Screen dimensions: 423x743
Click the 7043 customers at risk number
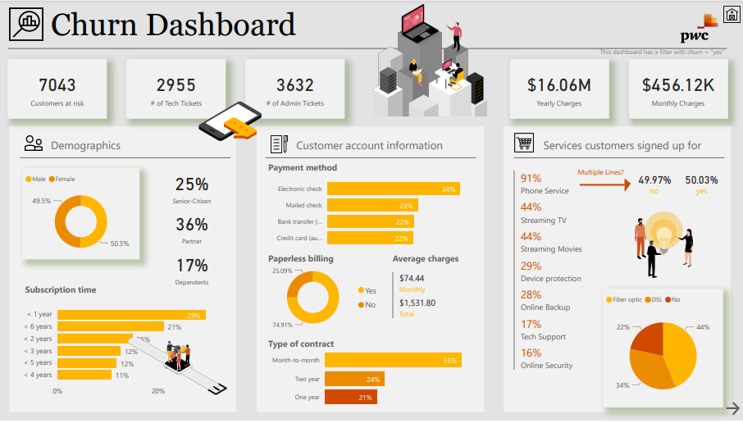[x=57, y=84]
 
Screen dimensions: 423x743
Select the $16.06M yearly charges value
[x=558, y=84]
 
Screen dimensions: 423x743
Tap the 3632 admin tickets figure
[x=295, y=84]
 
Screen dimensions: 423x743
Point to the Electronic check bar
[x=392, y=189]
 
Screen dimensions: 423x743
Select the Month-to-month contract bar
[x=393, y=360]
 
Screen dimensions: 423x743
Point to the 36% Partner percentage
[x=191, y=225]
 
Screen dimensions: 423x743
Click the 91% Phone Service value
[x=531, y=179]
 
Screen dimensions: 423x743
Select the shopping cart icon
[x=524, y=144]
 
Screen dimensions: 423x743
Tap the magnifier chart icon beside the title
[x=26, y=25]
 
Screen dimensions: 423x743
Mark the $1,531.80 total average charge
[x=417, y=302]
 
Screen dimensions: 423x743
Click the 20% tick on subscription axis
[x=158, y=391]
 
